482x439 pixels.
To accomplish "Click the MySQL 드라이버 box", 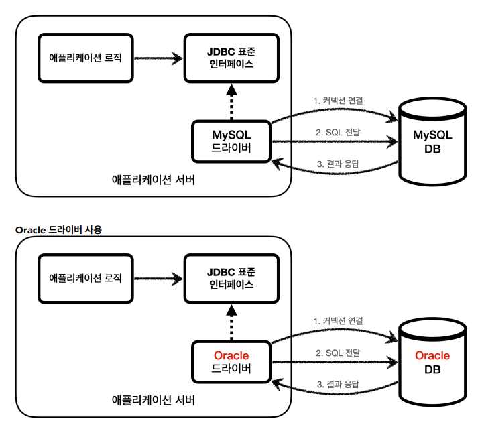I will (x=231, y=141).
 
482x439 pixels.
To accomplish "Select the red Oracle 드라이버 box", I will (x=231, y=362).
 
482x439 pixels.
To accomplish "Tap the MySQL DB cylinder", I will (x=432, y=142).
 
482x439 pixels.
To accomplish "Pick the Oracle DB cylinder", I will (x=432, y=363).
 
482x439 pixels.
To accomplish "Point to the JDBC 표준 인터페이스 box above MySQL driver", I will (x=231, y=58).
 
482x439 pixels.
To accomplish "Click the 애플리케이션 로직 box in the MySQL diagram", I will (x=86, y=58).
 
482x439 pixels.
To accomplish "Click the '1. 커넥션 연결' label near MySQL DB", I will (x=338, y=101).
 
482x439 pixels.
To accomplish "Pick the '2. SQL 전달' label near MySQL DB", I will (x=338, y=132).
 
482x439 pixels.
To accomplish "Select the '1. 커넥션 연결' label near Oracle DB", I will (x=338, y=321).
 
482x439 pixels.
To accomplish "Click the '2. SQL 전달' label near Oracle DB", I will (x=338, y=353).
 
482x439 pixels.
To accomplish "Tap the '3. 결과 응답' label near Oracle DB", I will (x=338, y=385).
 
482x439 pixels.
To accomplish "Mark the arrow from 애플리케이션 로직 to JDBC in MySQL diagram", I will (x=158, y=58).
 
